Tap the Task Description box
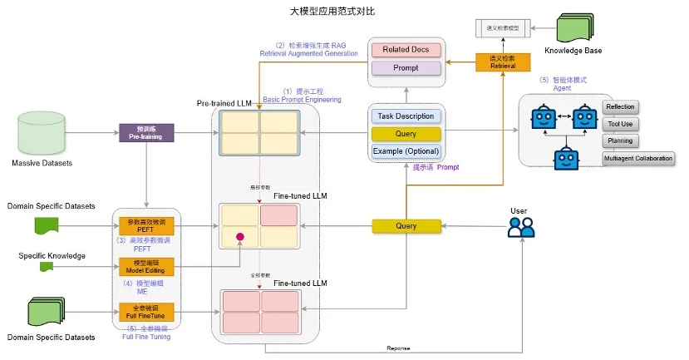(x=406, y=116)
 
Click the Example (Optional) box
(x=406, y=151)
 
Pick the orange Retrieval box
(x=502, y=62)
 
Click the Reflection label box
(x=619, y=106)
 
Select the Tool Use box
(x=619, y=124)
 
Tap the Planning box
(x=619, y=141)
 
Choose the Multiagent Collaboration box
(x=637, y=158)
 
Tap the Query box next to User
(x=406, y=225)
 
